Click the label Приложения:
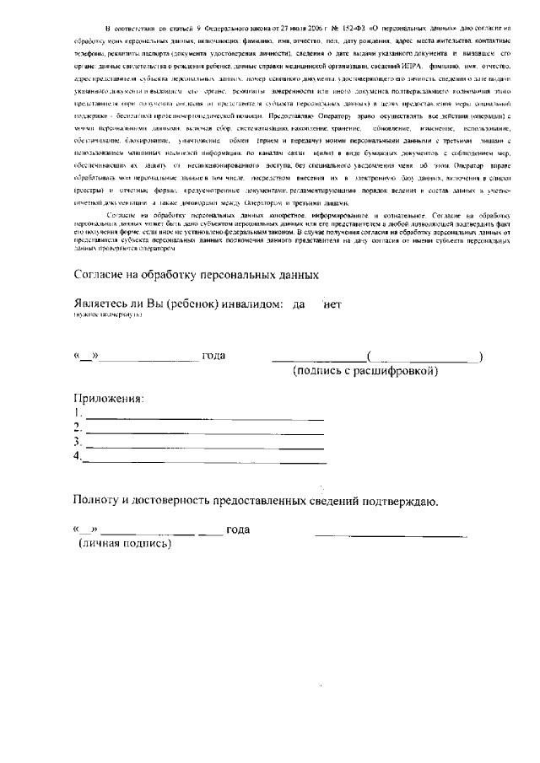109,398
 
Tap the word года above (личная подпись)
239,529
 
